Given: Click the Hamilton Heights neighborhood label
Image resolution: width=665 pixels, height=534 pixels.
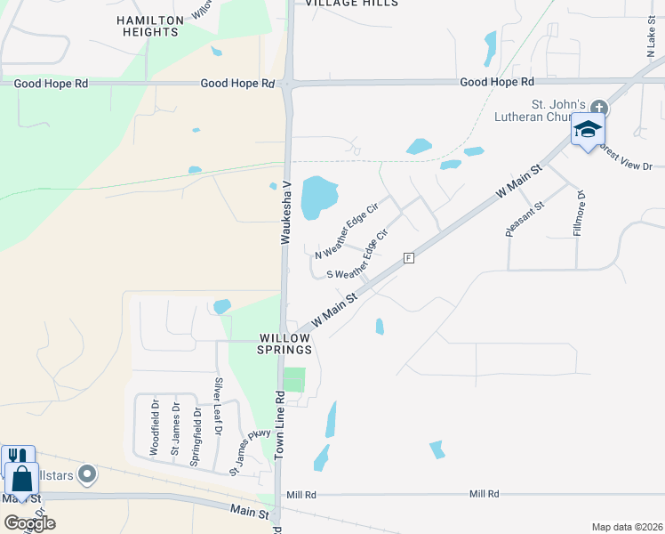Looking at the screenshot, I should click(149, 25).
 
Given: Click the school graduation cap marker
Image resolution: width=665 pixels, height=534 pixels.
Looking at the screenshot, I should click(588, 130).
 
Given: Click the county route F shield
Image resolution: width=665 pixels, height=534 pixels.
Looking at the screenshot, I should click(409, 257).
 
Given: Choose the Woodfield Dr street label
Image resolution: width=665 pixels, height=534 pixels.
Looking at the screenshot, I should click(154, 428).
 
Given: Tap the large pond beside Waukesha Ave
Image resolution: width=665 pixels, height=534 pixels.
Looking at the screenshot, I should click(319, 197).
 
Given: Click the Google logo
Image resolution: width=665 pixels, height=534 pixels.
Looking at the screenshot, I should click(29, 523).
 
